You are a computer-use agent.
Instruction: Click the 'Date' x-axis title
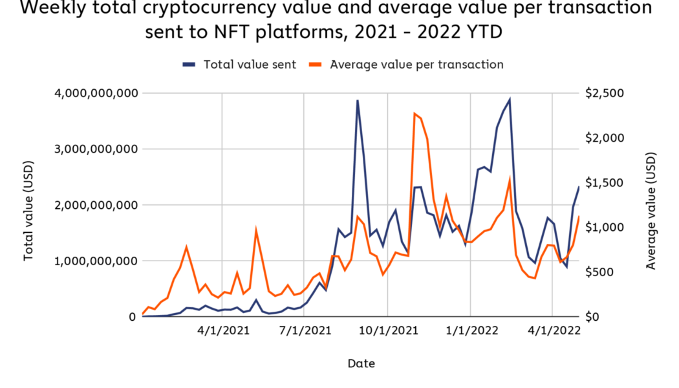361,363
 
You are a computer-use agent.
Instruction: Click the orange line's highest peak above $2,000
415,114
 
